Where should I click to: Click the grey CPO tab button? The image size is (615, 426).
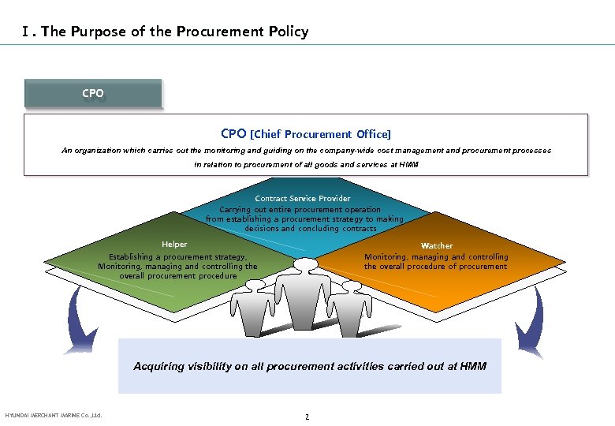93,93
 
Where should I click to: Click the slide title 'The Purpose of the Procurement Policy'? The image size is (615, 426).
174,32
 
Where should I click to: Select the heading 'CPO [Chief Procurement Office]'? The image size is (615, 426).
306,134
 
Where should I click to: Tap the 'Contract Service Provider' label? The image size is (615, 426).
303,198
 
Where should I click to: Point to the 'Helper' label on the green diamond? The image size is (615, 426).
174,245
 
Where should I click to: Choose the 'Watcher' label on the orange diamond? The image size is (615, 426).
437,246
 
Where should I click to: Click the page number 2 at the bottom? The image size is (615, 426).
307,416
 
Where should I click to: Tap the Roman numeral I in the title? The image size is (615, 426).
28,32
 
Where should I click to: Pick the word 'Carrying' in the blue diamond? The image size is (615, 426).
236,210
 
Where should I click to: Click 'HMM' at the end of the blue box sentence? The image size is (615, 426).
473,366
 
